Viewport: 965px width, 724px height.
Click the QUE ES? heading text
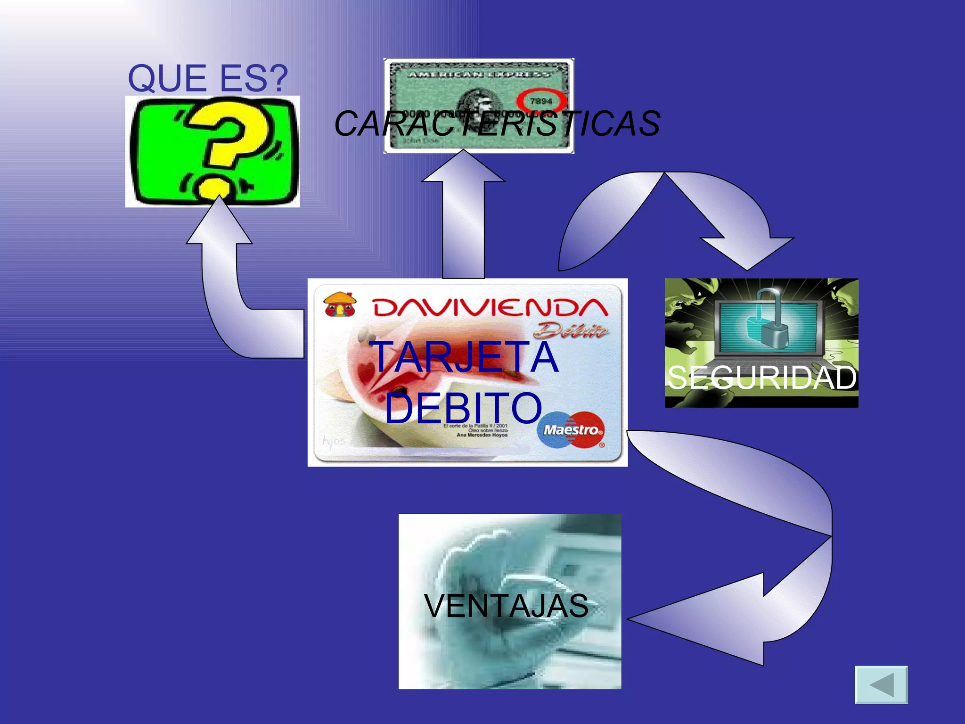(208, 78)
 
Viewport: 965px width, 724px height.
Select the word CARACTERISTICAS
(497, 123)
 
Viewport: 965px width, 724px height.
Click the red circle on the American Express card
(541, 101)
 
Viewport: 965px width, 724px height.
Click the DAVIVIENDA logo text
(490, 308)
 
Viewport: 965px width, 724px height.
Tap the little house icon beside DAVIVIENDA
(340, 304)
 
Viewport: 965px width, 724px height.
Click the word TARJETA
(465, 357)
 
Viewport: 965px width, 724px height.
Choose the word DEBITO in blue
(464, 408)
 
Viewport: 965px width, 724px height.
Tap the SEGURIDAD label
(761, 378)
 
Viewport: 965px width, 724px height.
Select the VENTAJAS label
(506, 606)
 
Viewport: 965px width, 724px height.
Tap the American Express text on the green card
(478, 74)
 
